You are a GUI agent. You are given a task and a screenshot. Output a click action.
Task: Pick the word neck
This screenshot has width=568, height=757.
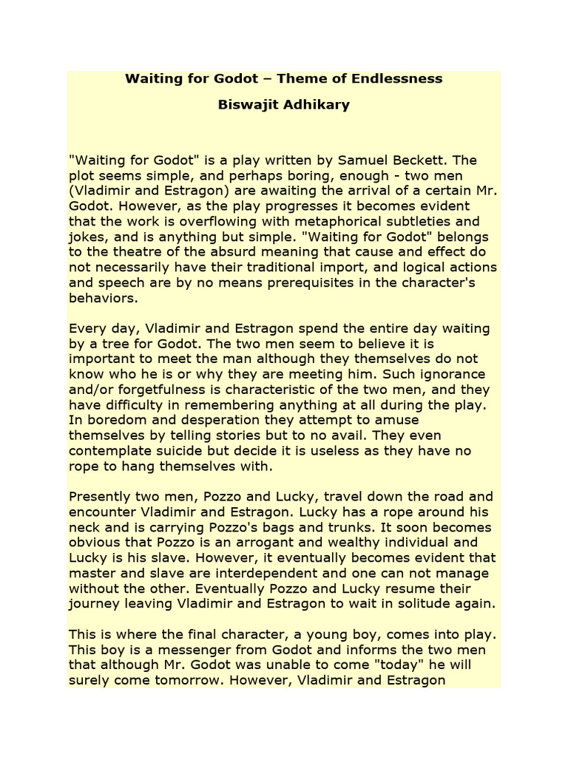click(84, 527)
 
